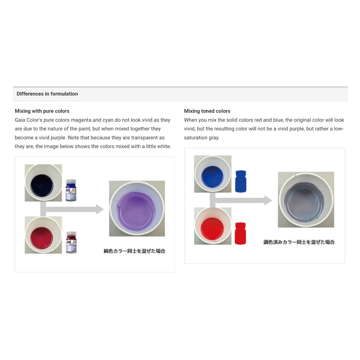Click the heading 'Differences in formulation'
(x=47, y=94)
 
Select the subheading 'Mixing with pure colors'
(x=42, y=111)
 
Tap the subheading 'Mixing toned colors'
(x=207, y=111)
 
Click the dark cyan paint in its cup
(x=41, y=186)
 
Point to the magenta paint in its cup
(x=41, y=238)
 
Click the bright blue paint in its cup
(x=212, y=177)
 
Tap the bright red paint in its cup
(x=212, y=229)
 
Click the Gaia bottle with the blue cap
(x=71, y=190)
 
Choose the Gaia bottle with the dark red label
(x=71, y=243)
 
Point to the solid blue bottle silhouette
(x=240, y=181)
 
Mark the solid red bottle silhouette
(x=240, y=233)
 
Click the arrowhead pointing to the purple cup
(x=100, y=209)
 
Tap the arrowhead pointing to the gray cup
(x=268, y=200)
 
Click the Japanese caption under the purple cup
(x=135, y=251)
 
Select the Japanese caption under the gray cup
(x=299, y=242)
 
